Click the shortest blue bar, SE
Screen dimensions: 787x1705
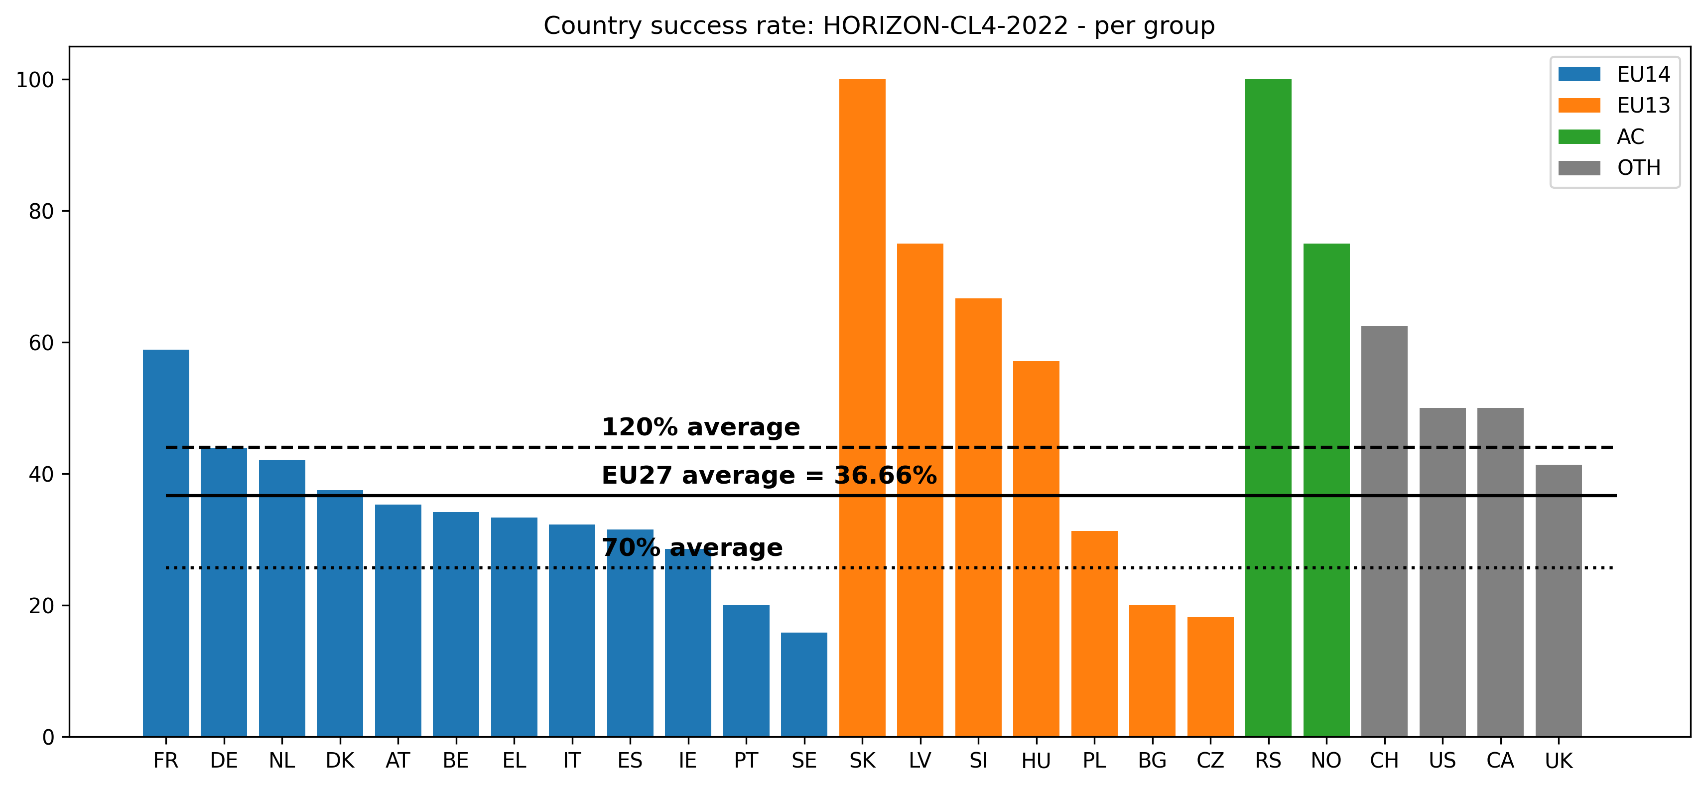[x=803, y=684]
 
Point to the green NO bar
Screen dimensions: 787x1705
[x=1326, y=490]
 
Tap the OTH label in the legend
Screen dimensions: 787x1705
[x=1639, y=167]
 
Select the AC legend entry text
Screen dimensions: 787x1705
[x=1630, y=136]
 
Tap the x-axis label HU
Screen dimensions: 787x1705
[x=1036, y=761]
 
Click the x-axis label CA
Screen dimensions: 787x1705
[x=1500, y=761]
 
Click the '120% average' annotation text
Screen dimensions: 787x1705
[x=700, y=427]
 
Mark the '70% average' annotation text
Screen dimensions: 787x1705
[x=692, y=547]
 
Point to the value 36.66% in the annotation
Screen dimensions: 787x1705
[x=885, y=475]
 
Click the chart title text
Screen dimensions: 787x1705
[x=879, y=26]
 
